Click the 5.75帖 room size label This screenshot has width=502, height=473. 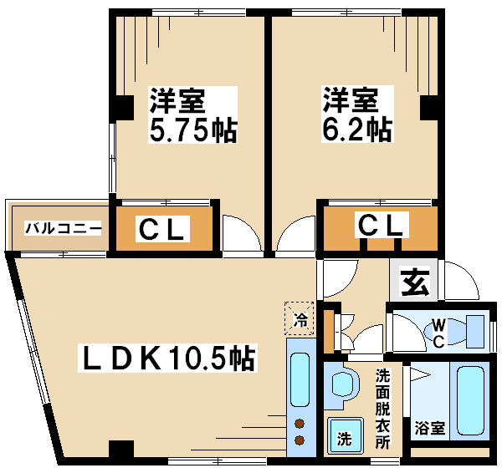point(193,130)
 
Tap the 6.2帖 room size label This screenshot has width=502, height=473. point(357,130)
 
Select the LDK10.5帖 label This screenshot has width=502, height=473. point(167,359)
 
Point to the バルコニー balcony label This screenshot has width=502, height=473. point(63,228)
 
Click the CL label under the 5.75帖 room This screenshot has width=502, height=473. point(162,229)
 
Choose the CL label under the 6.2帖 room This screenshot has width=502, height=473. point(382,225)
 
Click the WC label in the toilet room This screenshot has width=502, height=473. point(438,333)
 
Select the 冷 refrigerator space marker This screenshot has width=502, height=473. point(300,318)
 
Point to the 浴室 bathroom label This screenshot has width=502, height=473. point(430,428)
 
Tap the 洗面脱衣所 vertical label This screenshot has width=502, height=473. point(382,409)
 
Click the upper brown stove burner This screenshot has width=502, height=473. point(300,424)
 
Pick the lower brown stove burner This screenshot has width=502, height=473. point(300,440)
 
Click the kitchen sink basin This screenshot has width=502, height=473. point(300,379)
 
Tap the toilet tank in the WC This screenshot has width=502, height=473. point(475,331)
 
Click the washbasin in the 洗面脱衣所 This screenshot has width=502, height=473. point(341,384)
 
